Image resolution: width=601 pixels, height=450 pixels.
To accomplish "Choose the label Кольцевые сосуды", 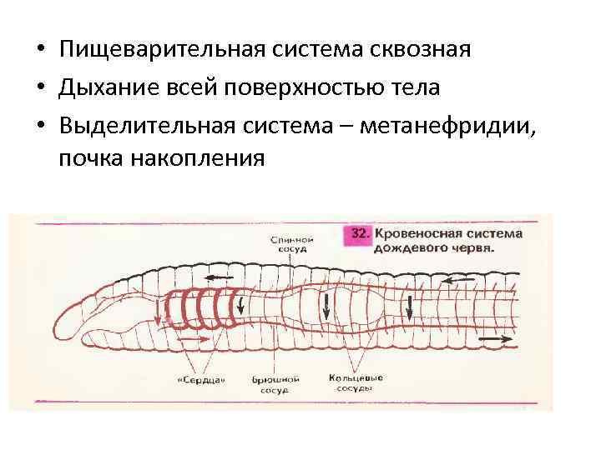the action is (356, 383).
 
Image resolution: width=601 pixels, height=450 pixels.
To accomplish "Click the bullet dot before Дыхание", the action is (39, 87).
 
